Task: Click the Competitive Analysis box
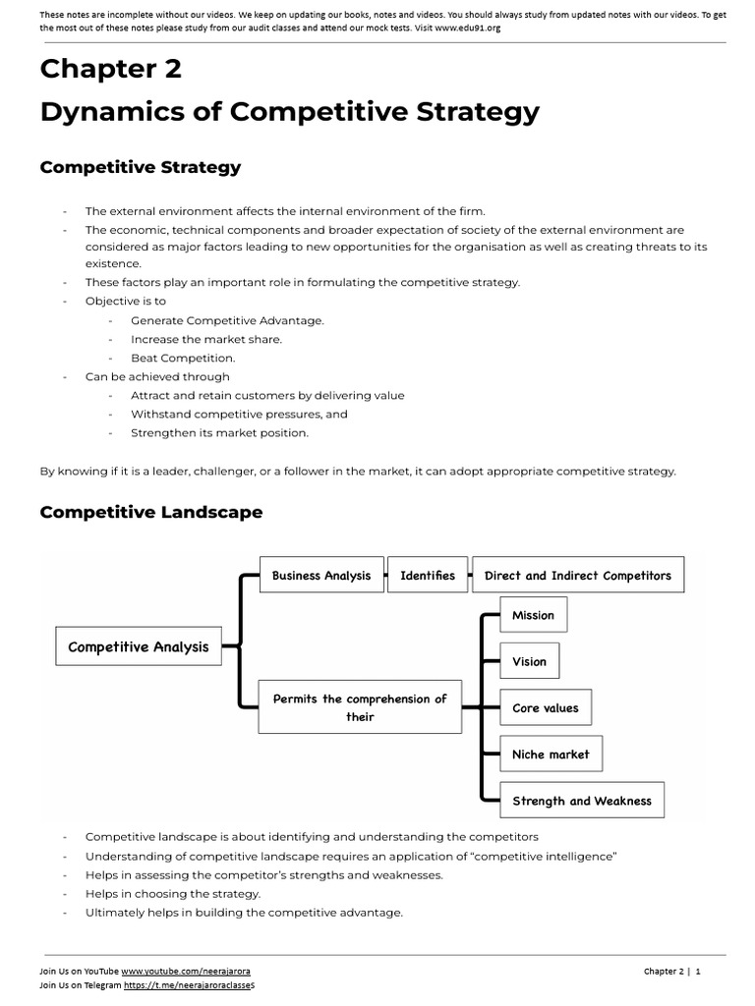coord(139,646)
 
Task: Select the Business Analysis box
coord(321,576)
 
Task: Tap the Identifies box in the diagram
coord(428,576)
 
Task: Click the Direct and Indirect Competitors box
coord(578,576)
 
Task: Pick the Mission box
coord(533,615)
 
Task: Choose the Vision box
coord(529,661)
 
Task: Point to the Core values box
coord(546,707)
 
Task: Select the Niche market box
coord(551,754)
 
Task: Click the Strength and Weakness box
coord(582,801)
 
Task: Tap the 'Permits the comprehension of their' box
coord(360,707)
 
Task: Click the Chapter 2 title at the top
coord(110,69)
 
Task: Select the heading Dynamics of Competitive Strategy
coord(289,112)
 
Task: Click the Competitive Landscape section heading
coord(150,512)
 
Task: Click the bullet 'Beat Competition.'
coord(183,358)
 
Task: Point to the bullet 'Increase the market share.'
coord(205,339)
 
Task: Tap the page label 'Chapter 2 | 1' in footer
coord(671,971)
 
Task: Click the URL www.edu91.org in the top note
coord(467,28)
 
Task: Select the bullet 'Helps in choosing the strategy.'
coord(173,894)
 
